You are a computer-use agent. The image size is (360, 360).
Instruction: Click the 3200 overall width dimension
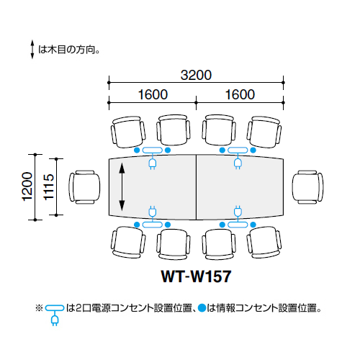[x=196, y=75]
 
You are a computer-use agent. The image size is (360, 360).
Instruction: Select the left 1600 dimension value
[x=153, y=94]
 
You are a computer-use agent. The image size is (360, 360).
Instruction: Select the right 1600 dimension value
[x=240, y=94]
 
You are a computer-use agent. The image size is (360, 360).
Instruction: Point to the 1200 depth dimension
[x=27, y=186]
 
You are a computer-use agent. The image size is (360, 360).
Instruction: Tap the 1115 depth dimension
[x=48, y=186]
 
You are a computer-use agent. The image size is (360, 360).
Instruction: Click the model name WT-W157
[x=196, y=276]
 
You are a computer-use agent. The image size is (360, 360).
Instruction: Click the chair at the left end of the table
[x=84, y=187]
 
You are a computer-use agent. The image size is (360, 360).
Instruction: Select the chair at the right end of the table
[x=307, y=187]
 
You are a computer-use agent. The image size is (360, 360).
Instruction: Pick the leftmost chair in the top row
[x=128, y=132]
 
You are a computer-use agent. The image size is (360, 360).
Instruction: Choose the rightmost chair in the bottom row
[x=264, y=243]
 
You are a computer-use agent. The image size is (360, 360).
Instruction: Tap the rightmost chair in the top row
[x=264, y=132]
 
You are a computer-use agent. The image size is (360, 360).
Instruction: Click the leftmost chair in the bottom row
[x=128, y=243]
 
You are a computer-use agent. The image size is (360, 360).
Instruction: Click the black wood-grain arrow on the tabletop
[x=122, y=187]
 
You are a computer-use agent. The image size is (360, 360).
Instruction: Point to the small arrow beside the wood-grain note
[x=32, y=50]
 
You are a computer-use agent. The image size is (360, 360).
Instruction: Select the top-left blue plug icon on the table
[x=153, y=162]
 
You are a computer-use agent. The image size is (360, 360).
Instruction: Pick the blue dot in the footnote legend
[x=202, y=308]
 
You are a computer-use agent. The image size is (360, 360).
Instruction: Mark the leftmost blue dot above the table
[x=137, y=150]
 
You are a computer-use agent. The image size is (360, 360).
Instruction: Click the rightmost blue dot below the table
[x=253, y=225]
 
